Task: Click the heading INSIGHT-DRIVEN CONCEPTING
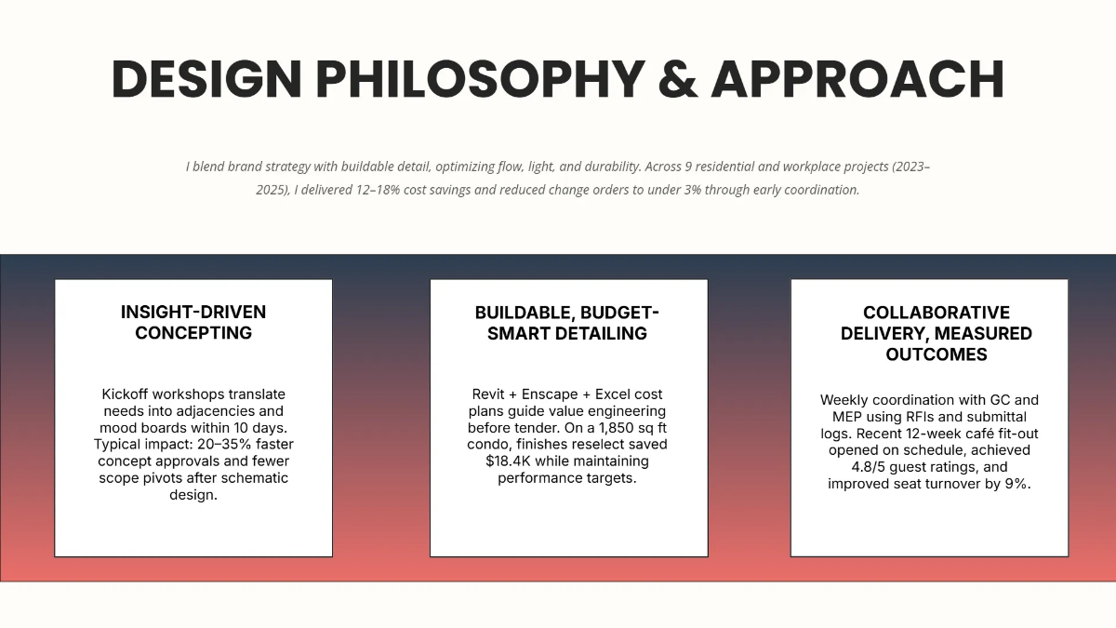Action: pos(193,322)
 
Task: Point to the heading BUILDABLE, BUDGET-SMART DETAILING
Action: pos(567,322)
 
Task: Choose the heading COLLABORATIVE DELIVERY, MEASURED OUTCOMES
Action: pos(936,333)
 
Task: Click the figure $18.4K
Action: pos(514,461)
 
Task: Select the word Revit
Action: pos(491,394)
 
